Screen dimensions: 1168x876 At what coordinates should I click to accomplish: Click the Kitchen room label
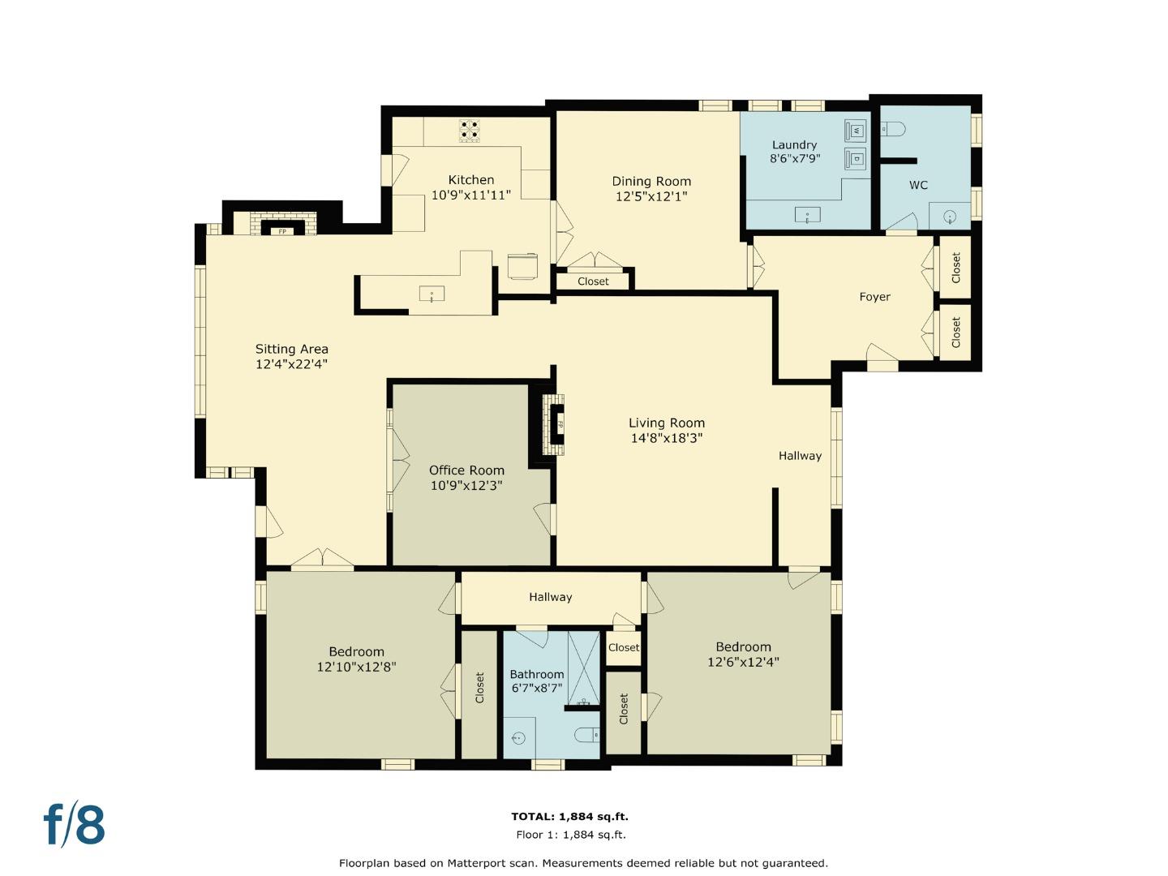(x=471, y=180)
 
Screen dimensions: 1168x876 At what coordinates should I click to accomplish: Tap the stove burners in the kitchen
(x=470, y=131)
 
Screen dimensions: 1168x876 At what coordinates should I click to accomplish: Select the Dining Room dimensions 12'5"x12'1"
(x=651, y=196)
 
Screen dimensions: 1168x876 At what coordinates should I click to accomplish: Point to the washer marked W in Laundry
(x=856, y=131)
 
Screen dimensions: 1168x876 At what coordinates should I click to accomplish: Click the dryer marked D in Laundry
(x=856, y=158)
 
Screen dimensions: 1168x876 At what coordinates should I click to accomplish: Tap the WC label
(x=918, y=185)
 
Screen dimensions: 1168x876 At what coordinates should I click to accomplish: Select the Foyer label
(x=874, y=297)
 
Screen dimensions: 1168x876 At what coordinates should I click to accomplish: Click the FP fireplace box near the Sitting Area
(x=282, y=231)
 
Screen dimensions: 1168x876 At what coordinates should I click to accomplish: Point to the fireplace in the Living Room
(x=554, y=424)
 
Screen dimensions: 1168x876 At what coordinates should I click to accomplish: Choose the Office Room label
(x=466, y=470)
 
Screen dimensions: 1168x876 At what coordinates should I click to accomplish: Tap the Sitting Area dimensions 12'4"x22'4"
(x=291, y=364)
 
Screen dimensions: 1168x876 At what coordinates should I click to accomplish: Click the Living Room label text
(x=666, y=423)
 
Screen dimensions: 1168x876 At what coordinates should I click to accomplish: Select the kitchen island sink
(x=432, y=294)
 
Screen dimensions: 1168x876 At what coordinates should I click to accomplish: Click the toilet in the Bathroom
(x=587, y=735)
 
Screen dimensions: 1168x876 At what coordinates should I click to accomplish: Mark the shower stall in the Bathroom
(x=584, y=667)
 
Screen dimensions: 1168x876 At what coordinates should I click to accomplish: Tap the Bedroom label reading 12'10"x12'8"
(x=356, y=667)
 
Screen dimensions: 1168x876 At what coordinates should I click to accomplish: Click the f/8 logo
(x=74, y=824)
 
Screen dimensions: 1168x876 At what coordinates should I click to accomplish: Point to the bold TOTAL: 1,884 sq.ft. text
(x=569, y=817)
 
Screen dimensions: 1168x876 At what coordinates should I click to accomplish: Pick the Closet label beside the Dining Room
(x=593, y=281)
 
